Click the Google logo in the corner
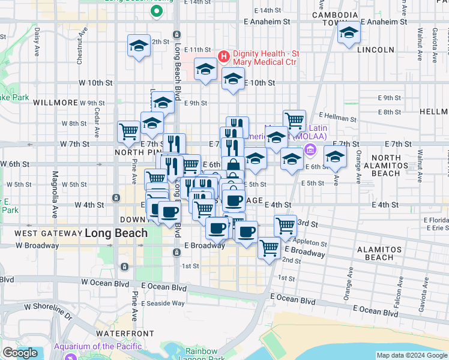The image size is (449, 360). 20,353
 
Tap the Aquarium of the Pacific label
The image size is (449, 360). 98,346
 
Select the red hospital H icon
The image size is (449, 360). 224,57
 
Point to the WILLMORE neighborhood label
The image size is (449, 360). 56,103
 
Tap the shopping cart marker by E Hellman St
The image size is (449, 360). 294,120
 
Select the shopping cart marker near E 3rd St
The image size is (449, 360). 285,226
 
